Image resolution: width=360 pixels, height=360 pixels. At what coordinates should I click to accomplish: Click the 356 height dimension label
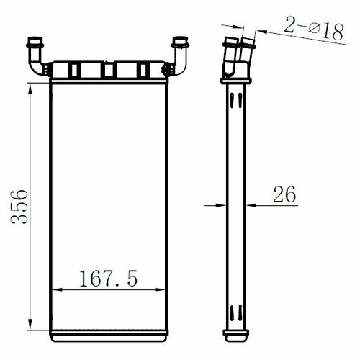click(19, 207)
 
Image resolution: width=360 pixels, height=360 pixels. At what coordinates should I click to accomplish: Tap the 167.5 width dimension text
click(108, 278)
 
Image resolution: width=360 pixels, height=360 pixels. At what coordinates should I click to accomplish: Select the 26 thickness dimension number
click(284, 194)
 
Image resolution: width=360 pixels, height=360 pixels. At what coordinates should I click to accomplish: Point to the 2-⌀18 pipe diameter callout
click(313, 28)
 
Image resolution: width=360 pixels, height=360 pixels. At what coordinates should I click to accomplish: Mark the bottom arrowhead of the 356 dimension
click(30, 325)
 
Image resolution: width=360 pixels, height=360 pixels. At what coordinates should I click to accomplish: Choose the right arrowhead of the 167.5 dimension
click(160, 289)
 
